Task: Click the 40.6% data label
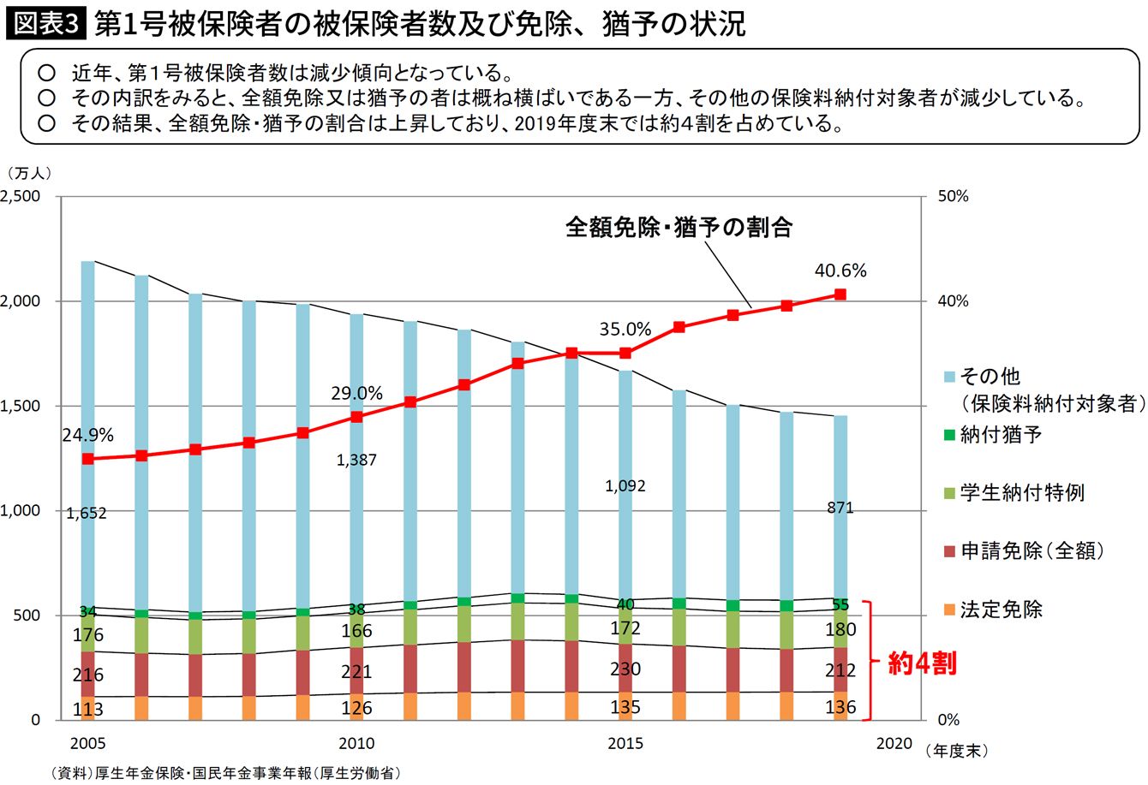coord(840,271)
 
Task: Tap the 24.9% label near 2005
coord(87,436)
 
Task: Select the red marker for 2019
coord(840,294)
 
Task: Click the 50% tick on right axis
coord(953,196)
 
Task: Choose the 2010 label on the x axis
coord(356,743)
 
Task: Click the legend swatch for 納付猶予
coord(948,435)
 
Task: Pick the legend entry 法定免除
coord(1001,610)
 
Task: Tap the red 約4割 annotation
coord(921,663)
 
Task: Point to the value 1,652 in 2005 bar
coord(87,513)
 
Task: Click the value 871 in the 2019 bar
coord(840,508)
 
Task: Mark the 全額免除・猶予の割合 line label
coord(679,227)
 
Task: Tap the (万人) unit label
coord(28,172)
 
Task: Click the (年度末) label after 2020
coord(957,751)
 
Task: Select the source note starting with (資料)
coord(226,772)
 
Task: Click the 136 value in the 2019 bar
coord(840,708)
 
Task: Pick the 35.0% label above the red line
coord(625,330)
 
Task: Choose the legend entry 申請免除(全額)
coord(1031,550)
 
